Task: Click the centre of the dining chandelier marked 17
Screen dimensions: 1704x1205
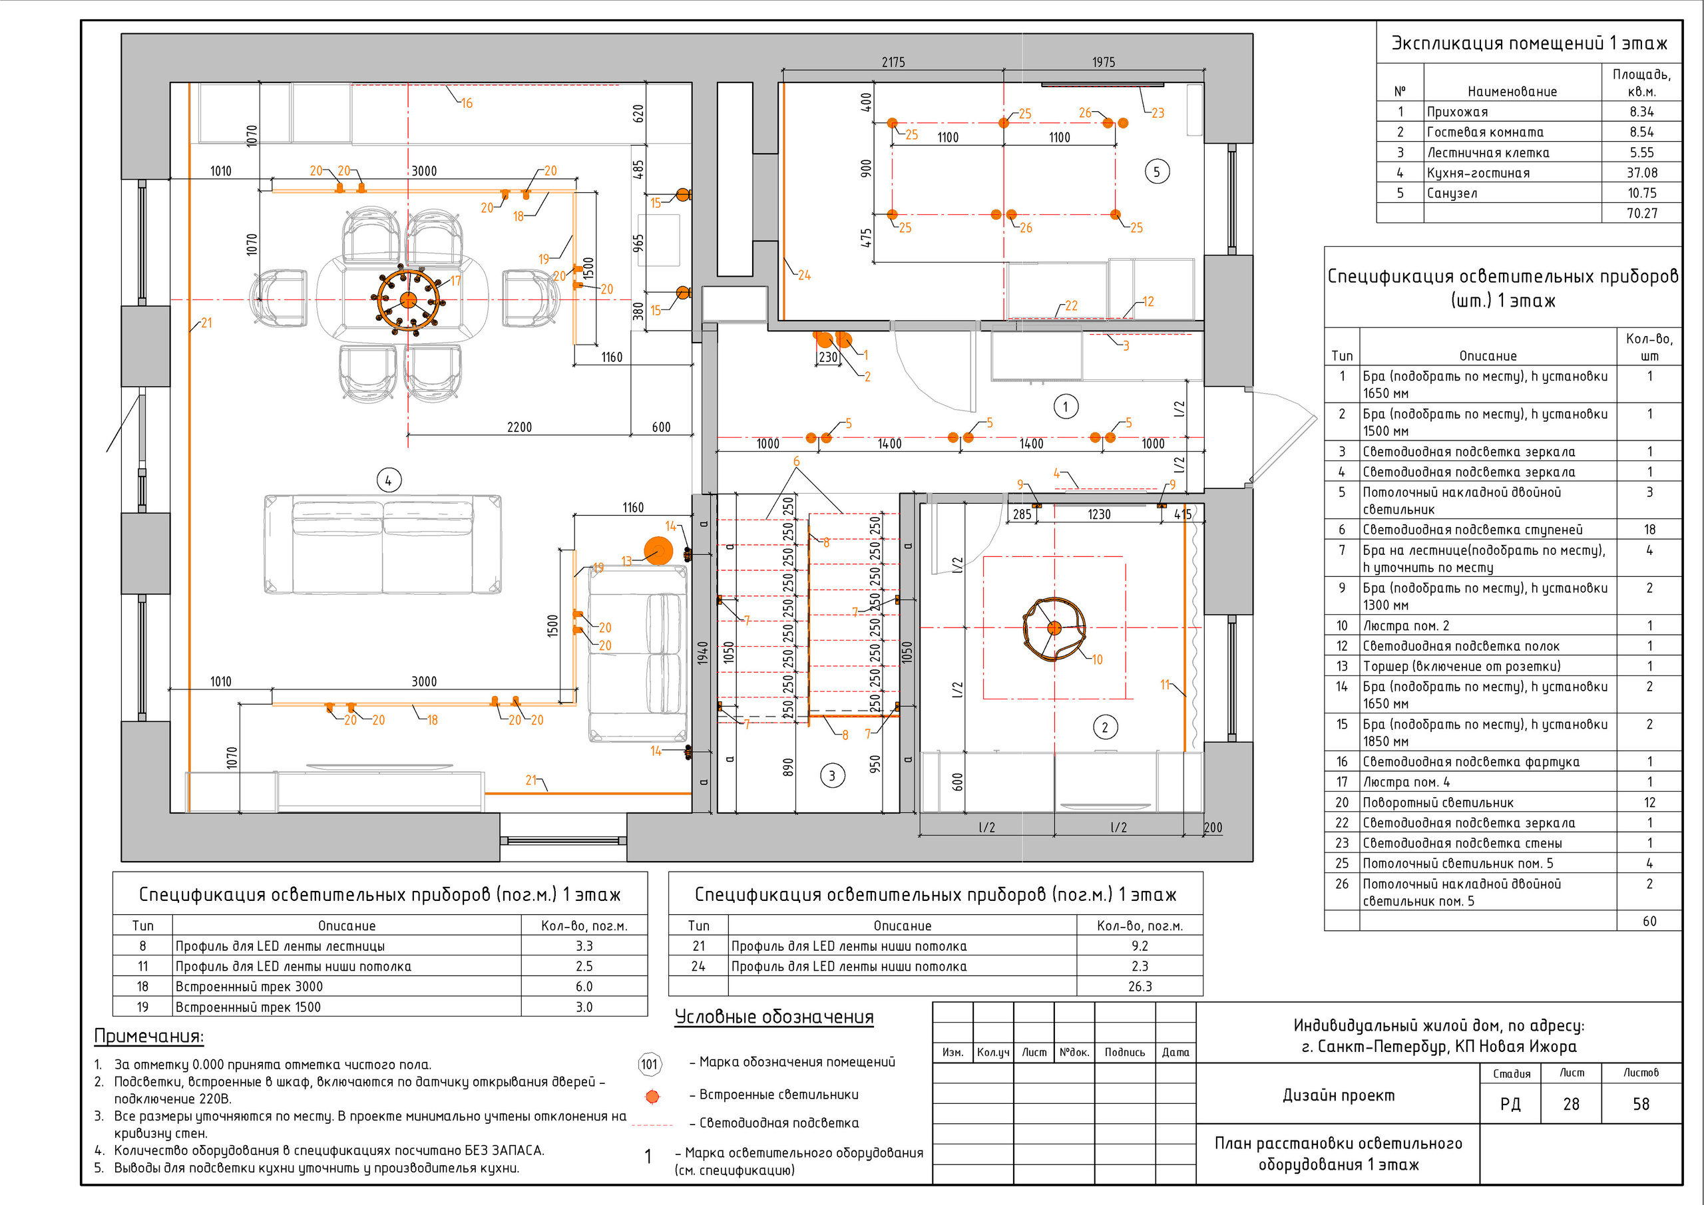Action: click(408, 300)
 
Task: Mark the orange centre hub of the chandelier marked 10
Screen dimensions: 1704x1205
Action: click(1054, 627)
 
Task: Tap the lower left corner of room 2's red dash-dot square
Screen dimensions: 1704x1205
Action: click(984, 699)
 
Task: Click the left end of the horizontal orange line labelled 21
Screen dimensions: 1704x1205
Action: click(485, 793)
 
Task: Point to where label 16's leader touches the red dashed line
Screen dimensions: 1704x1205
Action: click(446, 85)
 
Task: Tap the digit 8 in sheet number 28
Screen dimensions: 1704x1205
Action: click(1576, 1104)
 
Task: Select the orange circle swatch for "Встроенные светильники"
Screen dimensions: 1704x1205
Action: click(652, 1096)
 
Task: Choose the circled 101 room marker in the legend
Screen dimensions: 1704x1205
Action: click(650, 1064)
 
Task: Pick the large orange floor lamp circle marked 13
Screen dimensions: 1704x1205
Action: click(658, 552)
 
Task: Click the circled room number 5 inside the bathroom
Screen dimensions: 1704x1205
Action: click(1156, 172)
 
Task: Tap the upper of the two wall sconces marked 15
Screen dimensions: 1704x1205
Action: click(683, 195)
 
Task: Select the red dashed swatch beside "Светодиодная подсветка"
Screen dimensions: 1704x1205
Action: click(652, 1126)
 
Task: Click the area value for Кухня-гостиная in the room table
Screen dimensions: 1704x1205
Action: click(1641, 173)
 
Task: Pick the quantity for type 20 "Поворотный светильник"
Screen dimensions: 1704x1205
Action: click(1649, 802)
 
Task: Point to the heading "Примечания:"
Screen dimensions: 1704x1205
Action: click(148, 1036)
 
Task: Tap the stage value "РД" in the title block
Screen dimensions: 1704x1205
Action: click(1510, 1104)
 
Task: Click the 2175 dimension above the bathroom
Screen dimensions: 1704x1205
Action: click(893, 63)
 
